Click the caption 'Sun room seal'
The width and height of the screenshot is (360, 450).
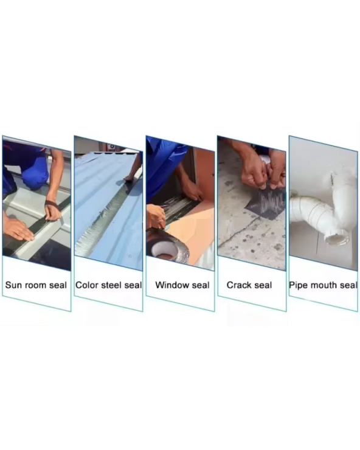click(36, 285)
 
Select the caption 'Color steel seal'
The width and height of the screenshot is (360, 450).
click(108, 285)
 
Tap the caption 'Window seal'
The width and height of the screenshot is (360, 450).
click(182, 285)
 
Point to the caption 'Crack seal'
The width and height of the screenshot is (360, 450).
click(249, 285)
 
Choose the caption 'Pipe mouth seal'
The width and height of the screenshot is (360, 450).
click(324, 285)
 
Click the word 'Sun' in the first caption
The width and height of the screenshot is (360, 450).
click(13, 285)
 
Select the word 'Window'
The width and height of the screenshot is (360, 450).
click(171, 285)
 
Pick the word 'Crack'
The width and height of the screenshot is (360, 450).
click(237, 285)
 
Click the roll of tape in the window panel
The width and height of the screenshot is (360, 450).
click(167, 246)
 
